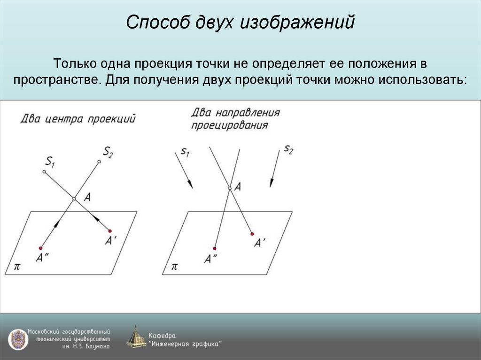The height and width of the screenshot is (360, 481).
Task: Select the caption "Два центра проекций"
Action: tap(78, 119)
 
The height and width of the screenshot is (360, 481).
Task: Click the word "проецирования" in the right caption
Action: tap(229, 125)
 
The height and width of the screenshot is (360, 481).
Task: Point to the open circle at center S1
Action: tap(44, 172)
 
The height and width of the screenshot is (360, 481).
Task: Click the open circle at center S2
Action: tap(99, 162)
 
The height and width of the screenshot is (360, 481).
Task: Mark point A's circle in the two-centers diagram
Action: tap(74, 199)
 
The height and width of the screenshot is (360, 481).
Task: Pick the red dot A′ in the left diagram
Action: tap(110, 231)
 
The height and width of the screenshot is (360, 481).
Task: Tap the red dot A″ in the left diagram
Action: tap(41, 248)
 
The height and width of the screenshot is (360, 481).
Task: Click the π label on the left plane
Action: tap(17, 266)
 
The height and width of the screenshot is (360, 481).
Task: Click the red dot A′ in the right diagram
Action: tap(252, 234)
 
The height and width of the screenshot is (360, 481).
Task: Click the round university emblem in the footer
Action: tap(17, 339)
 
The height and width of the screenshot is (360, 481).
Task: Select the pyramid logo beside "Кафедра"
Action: tap(136, 337)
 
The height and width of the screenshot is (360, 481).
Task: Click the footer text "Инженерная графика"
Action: tap(185, 344)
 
